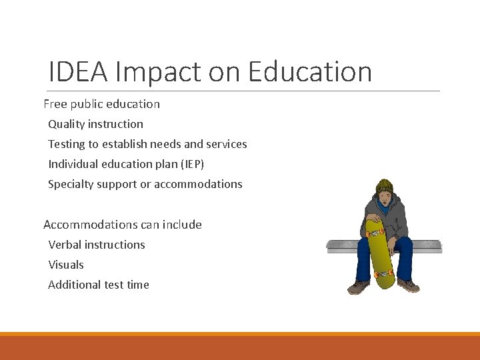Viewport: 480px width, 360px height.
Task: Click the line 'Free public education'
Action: tap(101, 104)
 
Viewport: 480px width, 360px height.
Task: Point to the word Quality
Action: tap(66, 124)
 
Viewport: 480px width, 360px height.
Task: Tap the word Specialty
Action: tap(71, 184)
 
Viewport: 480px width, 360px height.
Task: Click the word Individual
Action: tap(73, 164)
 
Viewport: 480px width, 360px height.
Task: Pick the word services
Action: tap(225, 144)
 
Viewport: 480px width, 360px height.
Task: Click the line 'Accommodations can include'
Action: tap(123, 225)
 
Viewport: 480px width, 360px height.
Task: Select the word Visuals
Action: tap(66, 265)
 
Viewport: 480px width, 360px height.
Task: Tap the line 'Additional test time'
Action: tap(99, 285)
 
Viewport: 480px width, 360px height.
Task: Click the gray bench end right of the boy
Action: tap(427, 246)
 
